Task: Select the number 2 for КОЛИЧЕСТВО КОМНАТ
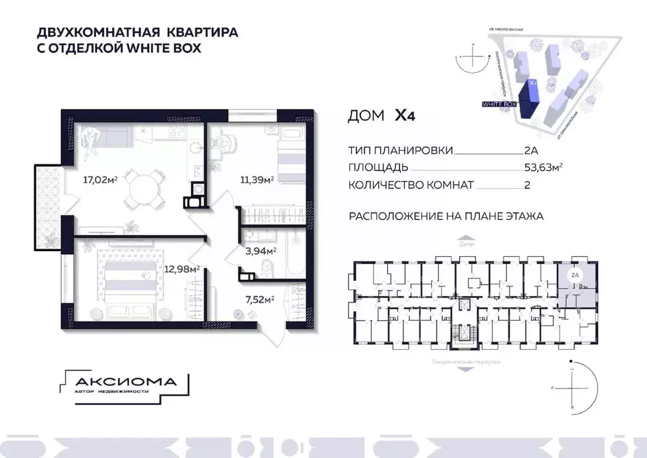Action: click(x=527, y=185)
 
